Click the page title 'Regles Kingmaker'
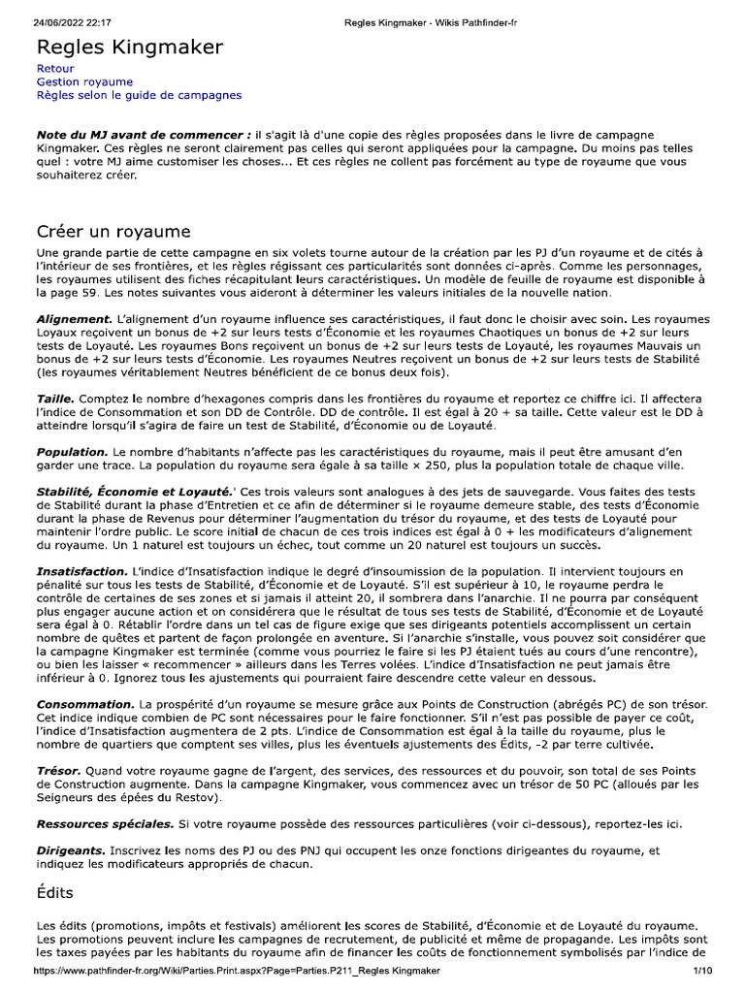(x=130, y=48)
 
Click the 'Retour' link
(x=55, y=70)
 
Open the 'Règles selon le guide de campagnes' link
(x=139, y=95)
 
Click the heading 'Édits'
(x=55, y=892)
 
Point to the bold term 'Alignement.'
(x=75, y=319)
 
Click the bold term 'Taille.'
(x=55, y=399)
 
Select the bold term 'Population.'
(x=72, y=452)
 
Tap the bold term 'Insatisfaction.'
(x=81, y=571)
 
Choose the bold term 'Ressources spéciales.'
(x=105, y=823)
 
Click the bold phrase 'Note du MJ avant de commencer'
(x=140, y=134)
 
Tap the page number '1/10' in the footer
(x=702, y=971)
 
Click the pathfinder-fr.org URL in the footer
(x=237, y=971)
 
